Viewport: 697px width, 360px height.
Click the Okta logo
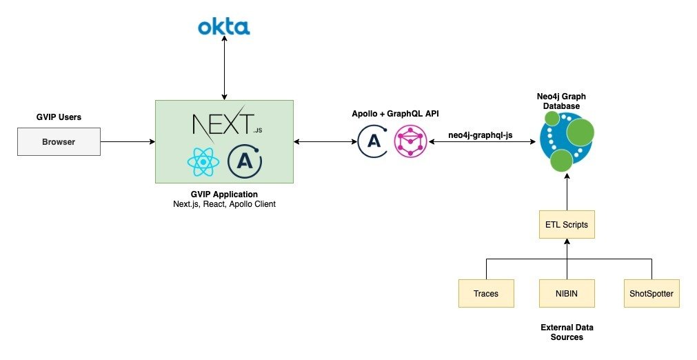[223, 27]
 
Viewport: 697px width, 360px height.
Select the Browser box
[59, 142]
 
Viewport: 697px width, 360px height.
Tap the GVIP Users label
[59, 117]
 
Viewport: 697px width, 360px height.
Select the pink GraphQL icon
[410, 141]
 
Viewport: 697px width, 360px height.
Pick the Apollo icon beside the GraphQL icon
[373, 141]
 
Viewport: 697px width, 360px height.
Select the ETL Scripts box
[567, 225]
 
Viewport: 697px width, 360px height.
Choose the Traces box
[485, 294]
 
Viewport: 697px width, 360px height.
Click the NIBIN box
[567, 294]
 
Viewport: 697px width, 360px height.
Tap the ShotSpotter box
[651, 294]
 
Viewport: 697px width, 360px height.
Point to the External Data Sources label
[567, 332]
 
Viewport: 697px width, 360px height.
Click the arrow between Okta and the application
[223, 69]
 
